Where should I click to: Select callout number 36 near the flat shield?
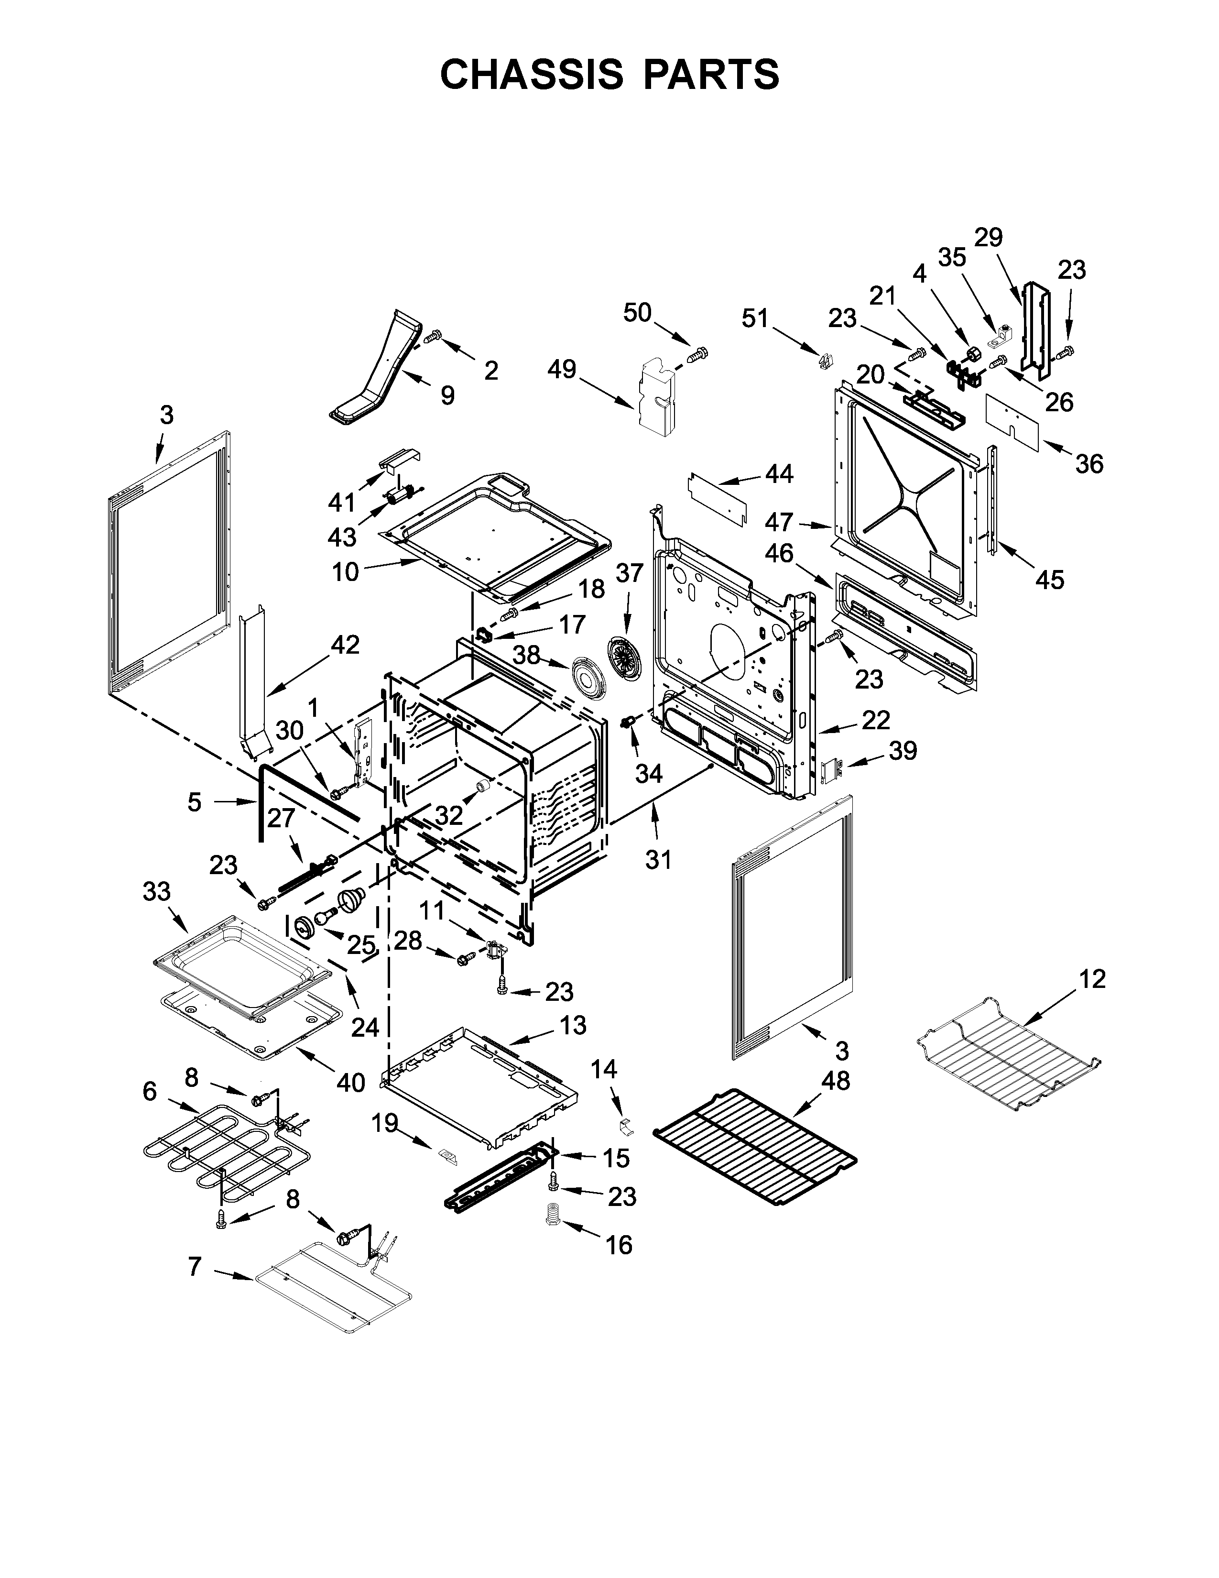[x=1089, y=463]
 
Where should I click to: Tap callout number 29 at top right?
[x=989, y=237]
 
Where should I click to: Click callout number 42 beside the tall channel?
[x=345, y=645]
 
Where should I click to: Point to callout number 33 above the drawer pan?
[x=157, y=892]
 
